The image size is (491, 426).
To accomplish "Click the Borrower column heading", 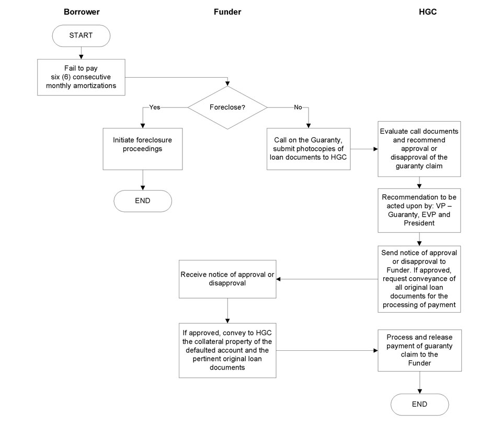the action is (x=82, y=12).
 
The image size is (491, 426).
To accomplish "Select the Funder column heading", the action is (x=227, y=12).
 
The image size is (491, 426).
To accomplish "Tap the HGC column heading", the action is (x=427, y=12).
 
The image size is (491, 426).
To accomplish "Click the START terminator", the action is (x=81, y=35).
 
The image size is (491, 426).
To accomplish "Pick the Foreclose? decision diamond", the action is (x=227, y=108).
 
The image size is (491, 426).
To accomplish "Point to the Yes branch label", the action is (x=155, y=107).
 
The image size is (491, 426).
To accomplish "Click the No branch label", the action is (x=298, y=107).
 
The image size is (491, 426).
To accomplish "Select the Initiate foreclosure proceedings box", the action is (x=143, y=149).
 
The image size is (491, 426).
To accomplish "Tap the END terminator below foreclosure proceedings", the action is (x=143, y=201).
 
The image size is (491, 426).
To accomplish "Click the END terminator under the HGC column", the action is (x=419, y=405).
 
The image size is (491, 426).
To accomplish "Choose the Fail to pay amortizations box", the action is (x=81, y=77).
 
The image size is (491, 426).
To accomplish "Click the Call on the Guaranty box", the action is (x=309, y=149).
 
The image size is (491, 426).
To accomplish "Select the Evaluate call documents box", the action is (x=419, y=149).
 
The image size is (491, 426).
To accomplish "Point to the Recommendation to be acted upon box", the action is (x=419, y=210).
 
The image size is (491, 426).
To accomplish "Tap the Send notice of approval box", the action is (x=419, y=279).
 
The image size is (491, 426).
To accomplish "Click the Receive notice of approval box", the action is (x=227, y=279).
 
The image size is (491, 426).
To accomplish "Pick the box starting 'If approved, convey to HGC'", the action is (x=227, y=350).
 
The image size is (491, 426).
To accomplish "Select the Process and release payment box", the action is (x=419, y=350).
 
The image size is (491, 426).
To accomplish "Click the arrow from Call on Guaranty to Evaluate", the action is (x=364, y=149).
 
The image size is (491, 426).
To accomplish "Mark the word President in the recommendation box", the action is (x=419, y=223).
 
